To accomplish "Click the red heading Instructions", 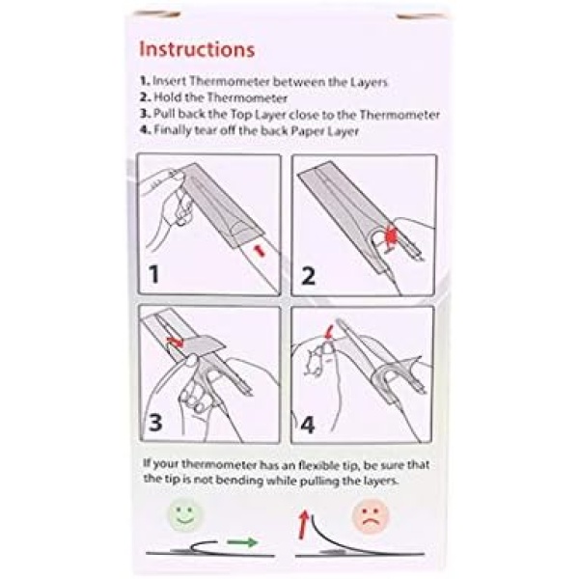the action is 197,49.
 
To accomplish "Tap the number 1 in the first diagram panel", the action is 153,274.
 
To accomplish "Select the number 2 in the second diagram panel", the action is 309,276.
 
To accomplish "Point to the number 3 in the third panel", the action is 155,422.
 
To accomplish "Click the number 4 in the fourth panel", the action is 307,425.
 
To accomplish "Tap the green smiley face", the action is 185,514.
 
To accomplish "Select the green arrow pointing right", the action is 242,542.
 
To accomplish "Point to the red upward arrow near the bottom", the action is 304,524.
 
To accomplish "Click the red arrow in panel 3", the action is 175,342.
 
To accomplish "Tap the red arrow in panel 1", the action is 260,251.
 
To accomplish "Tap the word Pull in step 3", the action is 164,113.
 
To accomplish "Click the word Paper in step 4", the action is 308,131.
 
